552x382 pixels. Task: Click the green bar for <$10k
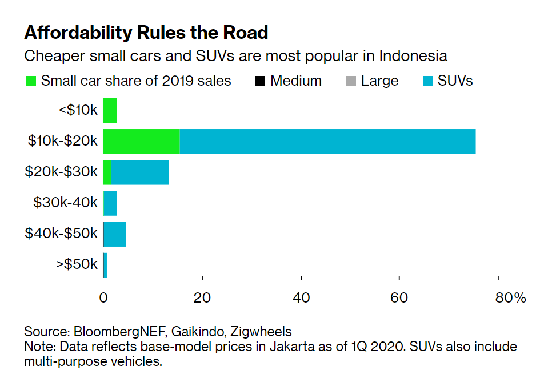click(110, 110)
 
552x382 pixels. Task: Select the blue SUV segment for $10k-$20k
click(327, 141)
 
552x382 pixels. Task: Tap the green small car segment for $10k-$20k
click(141, 141)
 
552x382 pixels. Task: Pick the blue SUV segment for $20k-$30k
click(139, 172)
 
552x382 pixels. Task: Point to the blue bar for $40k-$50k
click(115, 234)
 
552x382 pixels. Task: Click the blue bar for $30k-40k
click(110, 203)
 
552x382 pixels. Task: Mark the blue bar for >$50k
click(105, 265)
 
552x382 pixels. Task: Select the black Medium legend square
click(260, 81)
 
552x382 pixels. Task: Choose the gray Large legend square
click(351, 81)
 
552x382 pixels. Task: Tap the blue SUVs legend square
click(427, 81)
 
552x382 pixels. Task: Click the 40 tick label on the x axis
click(301, 297)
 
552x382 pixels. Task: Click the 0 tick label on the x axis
click(103, 297)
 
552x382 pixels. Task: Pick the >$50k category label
click(77, 265)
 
